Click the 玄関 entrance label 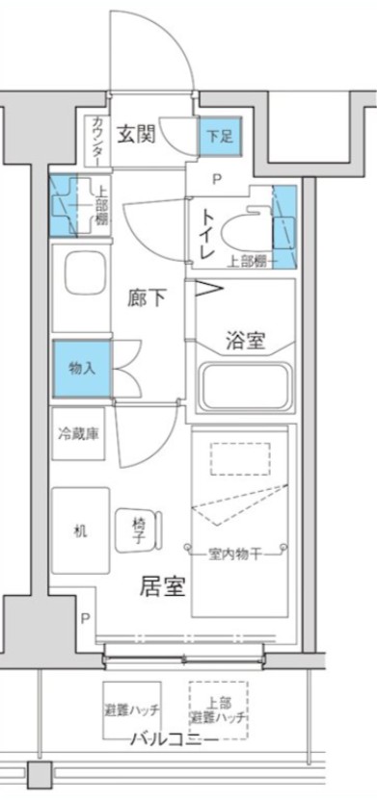pos(138,133)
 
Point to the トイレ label pos(206,235)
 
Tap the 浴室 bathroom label pos(245,340)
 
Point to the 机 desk pos(81,530)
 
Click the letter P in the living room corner pos(86,618)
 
